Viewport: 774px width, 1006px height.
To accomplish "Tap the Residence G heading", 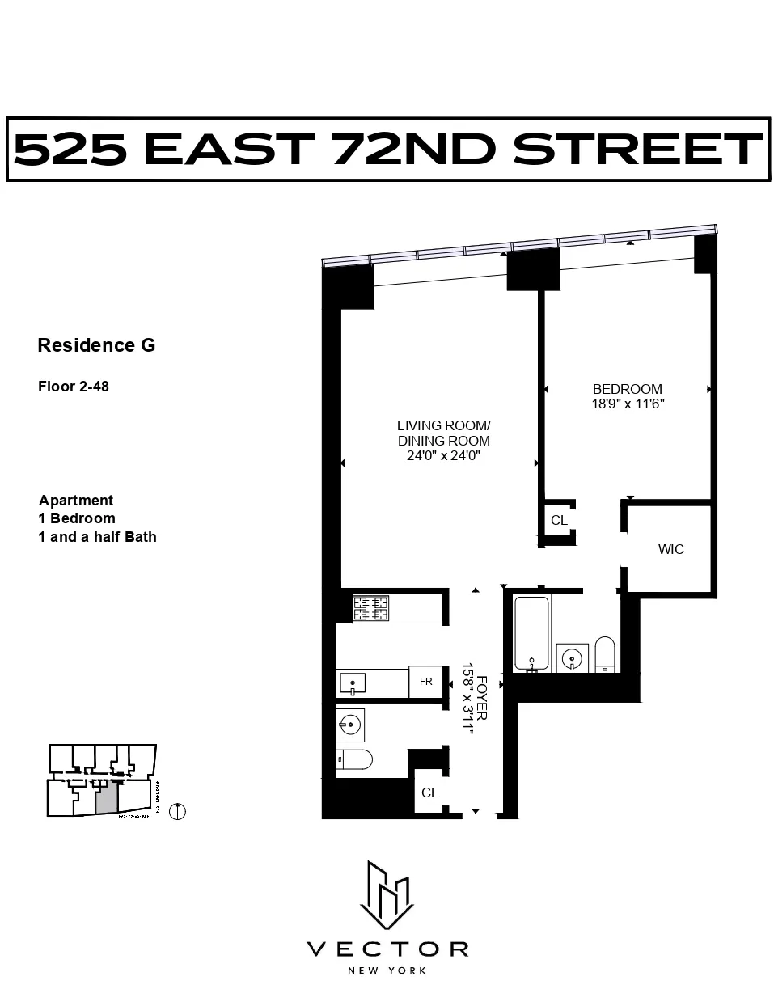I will [x=96, y=345].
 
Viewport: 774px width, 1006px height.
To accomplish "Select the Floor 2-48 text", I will [x=74, y=387].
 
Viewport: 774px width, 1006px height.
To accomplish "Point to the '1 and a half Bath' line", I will [x=97, y=537].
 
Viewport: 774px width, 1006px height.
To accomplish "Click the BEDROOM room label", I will [x=627, y=389].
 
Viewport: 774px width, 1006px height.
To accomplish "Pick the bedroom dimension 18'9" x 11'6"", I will [x=628, y=404].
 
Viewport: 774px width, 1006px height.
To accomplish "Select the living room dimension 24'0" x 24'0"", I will [x=443, y=456].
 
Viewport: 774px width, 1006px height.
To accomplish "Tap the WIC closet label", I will [x=670, y=550].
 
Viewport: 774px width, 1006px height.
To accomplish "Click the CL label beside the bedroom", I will [x=559, y=521].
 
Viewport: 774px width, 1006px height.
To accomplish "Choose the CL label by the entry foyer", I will [x=429, y=793].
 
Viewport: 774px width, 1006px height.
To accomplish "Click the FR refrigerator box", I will [x=425, y=682].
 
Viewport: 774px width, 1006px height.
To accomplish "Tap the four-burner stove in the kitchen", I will [x=370, y=607].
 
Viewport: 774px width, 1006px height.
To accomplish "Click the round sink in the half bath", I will [x=352, y=725].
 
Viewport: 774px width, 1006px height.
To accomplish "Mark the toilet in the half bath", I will [x=355, y=759].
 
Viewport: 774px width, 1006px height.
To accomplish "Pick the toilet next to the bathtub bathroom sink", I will [x=605, y=654].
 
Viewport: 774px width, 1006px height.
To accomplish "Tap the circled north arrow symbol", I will [x=177, y=811].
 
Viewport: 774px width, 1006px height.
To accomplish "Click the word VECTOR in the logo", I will [x=387, y=949].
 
